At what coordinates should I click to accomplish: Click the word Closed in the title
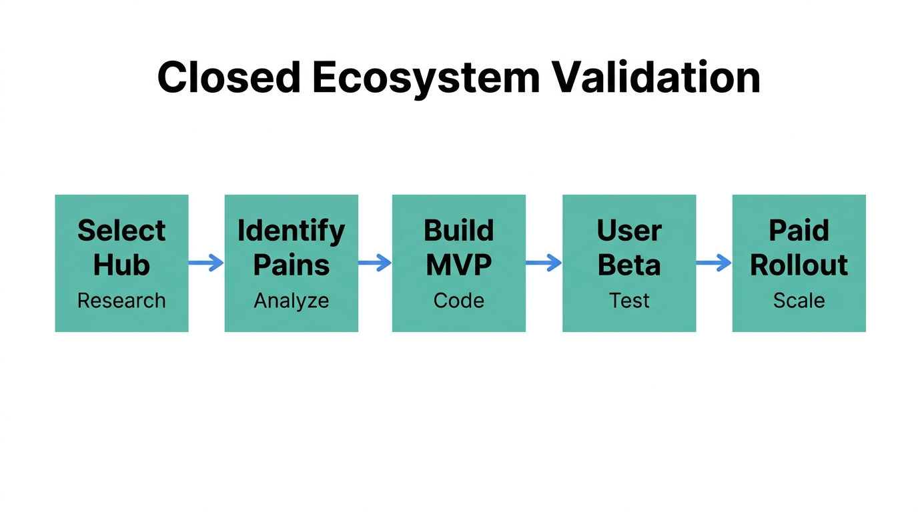point(229,78)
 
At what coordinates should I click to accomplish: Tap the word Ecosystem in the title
point(425,78)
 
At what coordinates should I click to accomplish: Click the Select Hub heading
point(121,247)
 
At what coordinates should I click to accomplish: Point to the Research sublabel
point(121,301)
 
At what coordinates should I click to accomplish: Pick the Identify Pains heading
point(292,247)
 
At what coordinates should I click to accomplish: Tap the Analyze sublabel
point(292,301)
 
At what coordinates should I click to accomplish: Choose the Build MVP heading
point(459,247)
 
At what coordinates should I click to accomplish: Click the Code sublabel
point(459,301)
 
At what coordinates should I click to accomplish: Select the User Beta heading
point(629,247)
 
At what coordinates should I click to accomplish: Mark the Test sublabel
point(629,301)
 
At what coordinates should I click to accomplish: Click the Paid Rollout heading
point(799,247)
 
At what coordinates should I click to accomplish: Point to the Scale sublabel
point(799,301)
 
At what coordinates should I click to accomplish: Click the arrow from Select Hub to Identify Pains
point(206,263)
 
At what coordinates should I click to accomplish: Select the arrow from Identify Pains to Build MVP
point(375,263)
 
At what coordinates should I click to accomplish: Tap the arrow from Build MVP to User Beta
point(544,263)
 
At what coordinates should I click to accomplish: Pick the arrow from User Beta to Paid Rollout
point(714,263)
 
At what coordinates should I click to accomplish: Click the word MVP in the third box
point(459,265)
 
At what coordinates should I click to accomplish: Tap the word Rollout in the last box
point(799,265)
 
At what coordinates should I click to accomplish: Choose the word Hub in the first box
point(121,265)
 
